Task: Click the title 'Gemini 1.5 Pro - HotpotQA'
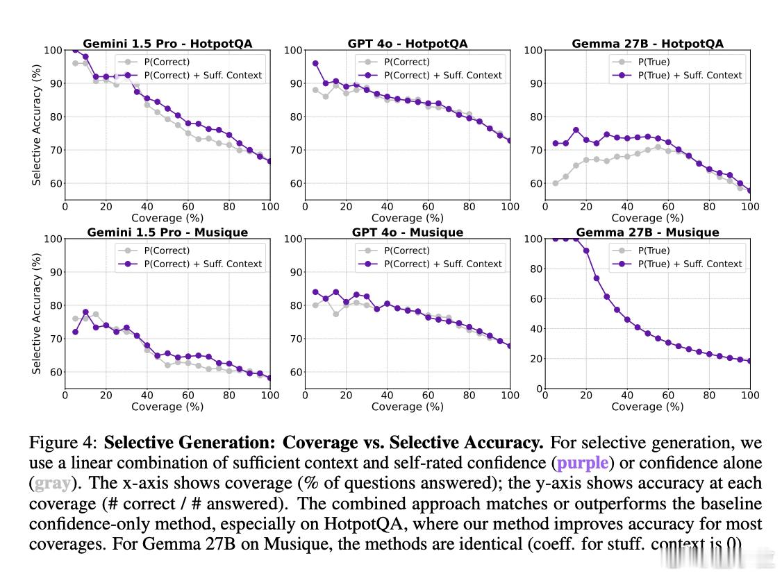(167, 44)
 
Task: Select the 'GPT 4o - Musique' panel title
(407, 232)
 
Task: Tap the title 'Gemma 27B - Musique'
(647, 232)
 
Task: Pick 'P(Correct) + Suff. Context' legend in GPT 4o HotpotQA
(442, 75)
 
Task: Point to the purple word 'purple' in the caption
(582, 463)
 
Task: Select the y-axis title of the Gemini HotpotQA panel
(37, 125)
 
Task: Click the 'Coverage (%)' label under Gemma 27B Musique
(647, 407)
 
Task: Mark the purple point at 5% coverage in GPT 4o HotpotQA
(315, 63)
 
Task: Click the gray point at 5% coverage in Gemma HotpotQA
(556, 183)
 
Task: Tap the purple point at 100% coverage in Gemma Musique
(750, 361)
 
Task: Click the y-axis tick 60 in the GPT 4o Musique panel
(295, 373)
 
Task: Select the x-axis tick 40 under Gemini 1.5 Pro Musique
(147, 396)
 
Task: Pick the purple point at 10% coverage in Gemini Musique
(85, 312)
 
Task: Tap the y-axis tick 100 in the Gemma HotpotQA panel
(533, 51)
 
